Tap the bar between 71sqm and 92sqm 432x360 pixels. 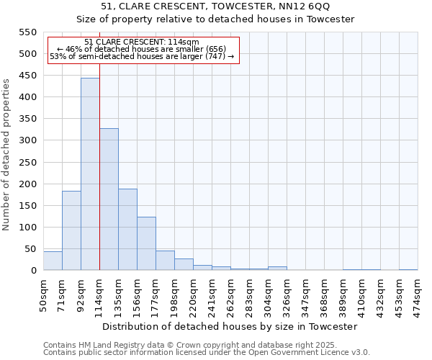[71, 230]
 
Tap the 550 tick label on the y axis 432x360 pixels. [27, 32]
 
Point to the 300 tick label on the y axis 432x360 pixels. [27, 141]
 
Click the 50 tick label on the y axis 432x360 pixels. [30, 249]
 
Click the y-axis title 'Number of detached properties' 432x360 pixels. [7, 155]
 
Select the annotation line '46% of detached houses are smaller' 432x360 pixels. [142, 49]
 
